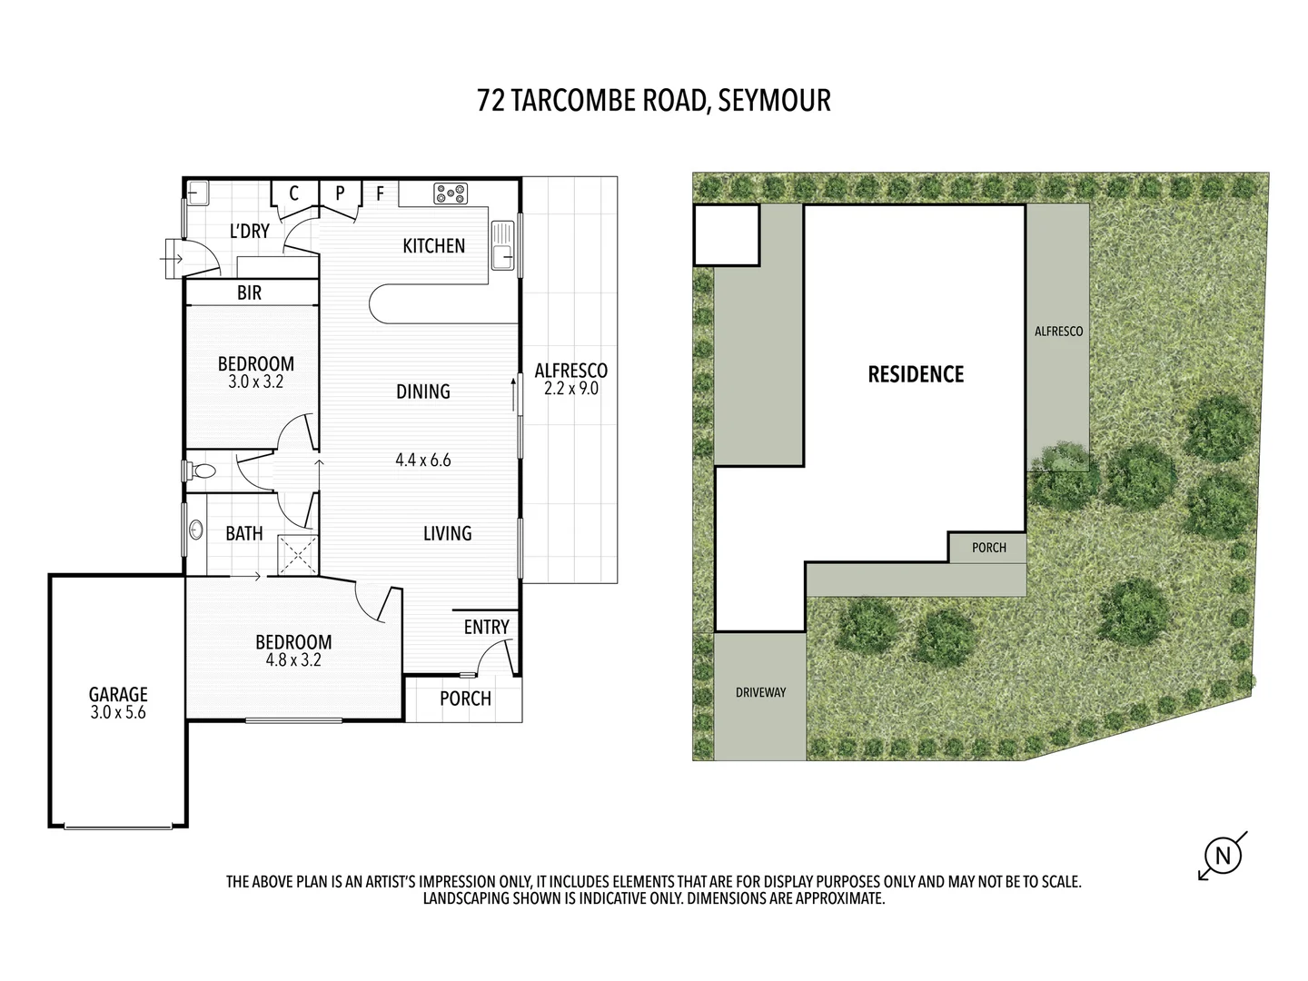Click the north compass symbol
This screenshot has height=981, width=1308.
click(x=1223, y=856)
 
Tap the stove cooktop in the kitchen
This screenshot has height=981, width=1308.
click(x=451, y=193)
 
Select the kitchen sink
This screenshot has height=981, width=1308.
click(x=502, y=245)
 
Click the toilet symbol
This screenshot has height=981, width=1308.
click(x=202, y=471)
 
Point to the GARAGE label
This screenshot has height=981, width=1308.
click(x=118, y=695)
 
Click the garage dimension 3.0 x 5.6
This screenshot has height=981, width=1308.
click(x=118, y=713)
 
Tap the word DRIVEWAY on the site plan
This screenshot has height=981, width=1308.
click(x=760, y=692)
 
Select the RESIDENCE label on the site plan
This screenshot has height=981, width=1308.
click(x=916, y=374)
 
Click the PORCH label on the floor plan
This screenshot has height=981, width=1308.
click(x=465, y=699)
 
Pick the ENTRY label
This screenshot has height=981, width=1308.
click(x=486, y=627)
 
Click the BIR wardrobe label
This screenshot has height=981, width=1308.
click(x=250, y=292)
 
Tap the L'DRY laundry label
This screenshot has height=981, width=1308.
click(x=249, y=231)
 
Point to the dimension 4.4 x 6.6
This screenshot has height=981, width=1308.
click(x=423, y=460)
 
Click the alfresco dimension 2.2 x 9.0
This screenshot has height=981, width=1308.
click(x=570, y=389)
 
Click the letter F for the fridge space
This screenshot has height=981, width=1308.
click(x=381, y=193)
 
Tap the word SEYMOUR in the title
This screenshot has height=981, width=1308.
click(x=774, y=100)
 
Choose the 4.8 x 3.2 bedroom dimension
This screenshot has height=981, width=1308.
click(x=293, y=660)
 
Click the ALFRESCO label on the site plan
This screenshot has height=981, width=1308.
click(x=1058, y=332)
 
